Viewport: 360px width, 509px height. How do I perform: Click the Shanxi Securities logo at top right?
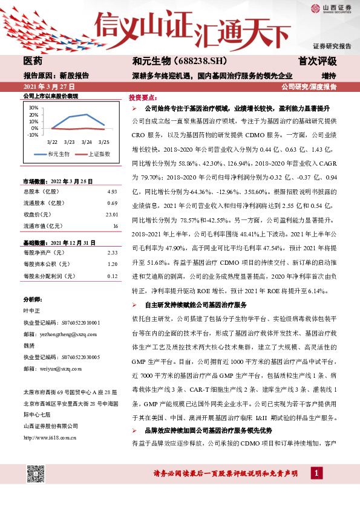(331, 8)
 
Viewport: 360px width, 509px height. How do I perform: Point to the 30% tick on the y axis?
(33, 108)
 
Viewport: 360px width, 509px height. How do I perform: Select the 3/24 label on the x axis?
(87, 141)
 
